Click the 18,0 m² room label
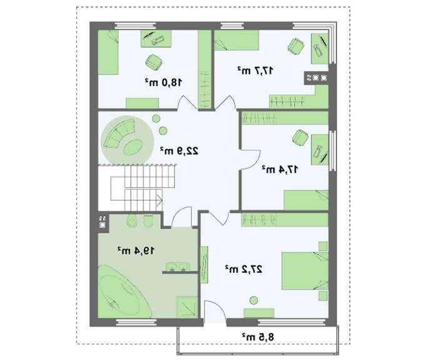(164, 82)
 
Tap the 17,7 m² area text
(255, 70)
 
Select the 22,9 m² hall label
(179, 151)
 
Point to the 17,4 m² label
(280, 169)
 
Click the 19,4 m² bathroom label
(136, 250)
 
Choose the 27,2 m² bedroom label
(244, 269)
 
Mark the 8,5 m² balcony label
(258, 337)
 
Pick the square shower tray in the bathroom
(187, 307)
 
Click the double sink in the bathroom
(178, 267)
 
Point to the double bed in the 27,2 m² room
(305, 271)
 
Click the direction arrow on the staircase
(160, 200)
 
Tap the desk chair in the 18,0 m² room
(154, 63)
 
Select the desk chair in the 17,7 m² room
(296, 46)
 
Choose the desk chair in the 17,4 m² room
(300, 138)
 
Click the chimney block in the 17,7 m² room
(316, 78)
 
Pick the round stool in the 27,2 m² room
(253, 301)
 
